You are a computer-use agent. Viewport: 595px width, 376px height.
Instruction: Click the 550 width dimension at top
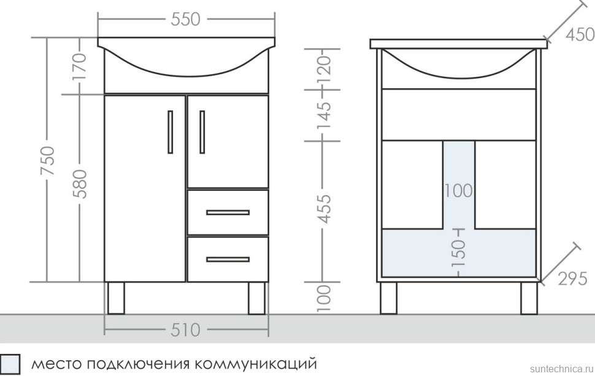pos(185,20)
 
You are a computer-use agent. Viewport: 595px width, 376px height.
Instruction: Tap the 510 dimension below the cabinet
pos(185,330)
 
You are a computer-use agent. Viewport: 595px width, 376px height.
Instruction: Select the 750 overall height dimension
pos(48,161)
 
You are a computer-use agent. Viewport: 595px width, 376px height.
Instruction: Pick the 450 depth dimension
pos(580,34)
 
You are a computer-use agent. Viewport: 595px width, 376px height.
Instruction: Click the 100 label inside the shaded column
pos(458,191)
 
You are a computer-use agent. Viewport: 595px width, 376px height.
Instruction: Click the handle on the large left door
pos(170,132)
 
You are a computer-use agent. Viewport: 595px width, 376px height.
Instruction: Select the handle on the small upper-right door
pos(202,132)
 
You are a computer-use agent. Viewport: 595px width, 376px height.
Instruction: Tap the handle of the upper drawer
pos(228,213)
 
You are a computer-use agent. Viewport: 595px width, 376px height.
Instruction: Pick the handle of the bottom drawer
pos(228,259)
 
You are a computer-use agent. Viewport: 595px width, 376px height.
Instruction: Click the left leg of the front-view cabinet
pos(115,298)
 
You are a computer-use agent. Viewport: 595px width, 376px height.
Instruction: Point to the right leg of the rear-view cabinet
pos(529,298)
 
